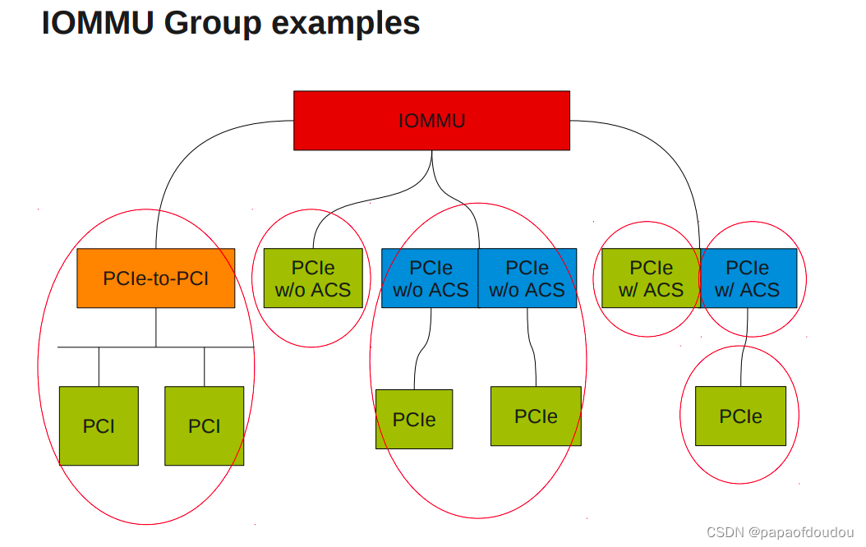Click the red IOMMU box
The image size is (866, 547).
click(431, 121)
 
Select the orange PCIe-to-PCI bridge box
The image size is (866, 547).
click(156, 278)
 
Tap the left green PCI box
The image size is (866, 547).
click(99, 425)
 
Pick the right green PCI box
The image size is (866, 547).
click(205, 425)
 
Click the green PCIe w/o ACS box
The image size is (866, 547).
click(313, 278)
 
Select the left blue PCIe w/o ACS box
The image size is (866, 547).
click(430, 278)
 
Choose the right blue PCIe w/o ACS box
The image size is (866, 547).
click(527, 278)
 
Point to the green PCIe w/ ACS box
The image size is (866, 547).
click(651, 278)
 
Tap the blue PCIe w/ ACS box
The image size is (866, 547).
click(748, 278)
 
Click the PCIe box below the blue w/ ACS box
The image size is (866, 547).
click(740, 416)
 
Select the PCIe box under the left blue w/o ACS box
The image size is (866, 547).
click(414, 420)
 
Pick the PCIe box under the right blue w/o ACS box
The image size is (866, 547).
click(536, 416)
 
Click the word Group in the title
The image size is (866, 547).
click(210, 23)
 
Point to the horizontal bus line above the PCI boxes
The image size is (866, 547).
click(156, 347)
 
